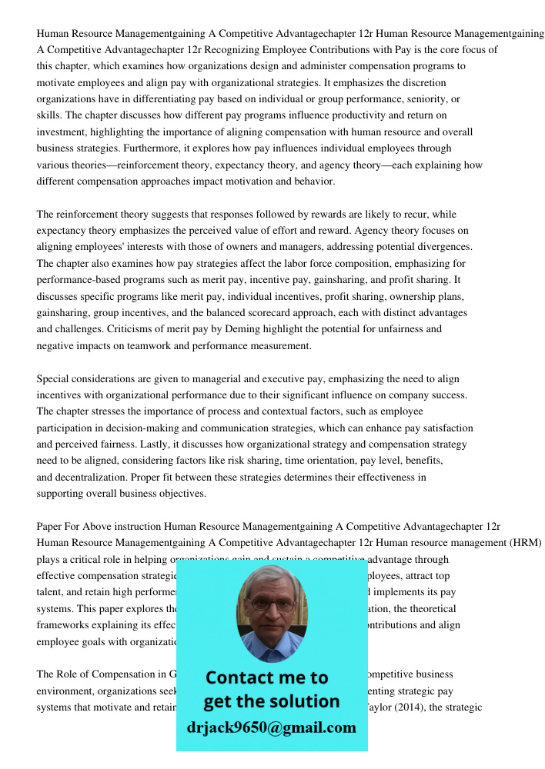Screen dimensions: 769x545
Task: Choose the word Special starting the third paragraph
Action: [55, 379]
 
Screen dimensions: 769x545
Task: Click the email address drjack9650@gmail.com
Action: [271, 727]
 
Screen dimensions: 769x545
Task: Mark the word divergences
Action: [444, 247]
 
